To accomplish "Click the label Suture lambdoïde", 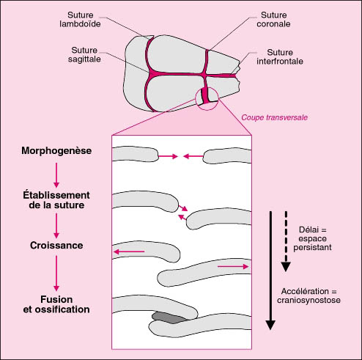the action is (80, 20).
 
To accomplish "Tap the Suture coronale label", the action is (273, 20).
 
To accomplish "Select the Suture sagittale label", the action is (84, 54).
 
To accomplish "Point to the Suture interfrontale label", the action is (280, 56).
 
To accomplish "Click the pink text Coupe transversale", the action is (274, 117).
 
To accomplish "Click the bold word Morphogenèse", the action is (56, 150).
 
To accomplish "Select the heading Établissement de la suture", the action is (56, 200).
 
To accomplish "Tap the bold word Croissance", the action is (56, 246).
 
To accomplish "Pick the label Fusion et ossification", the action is (56, 304).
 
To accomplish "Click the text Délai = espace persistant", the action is (312, 238).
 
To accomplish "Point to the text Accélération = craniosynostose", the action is (309, 295).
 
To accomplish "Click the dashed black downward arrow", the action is (286, 241).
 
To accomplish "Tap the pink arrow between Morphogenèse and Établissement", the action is (56, 175).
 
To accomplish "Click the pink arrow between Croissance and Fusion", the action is (56, 273).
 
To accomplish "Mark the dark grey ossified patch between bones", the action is (169, 317).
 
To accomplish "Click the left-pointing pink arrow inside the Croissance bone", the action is (129, 251).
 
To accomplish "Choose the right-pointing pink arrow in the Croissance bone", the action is (233, 266).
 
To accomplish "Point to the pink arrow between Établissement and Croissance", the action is (56, 226).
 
